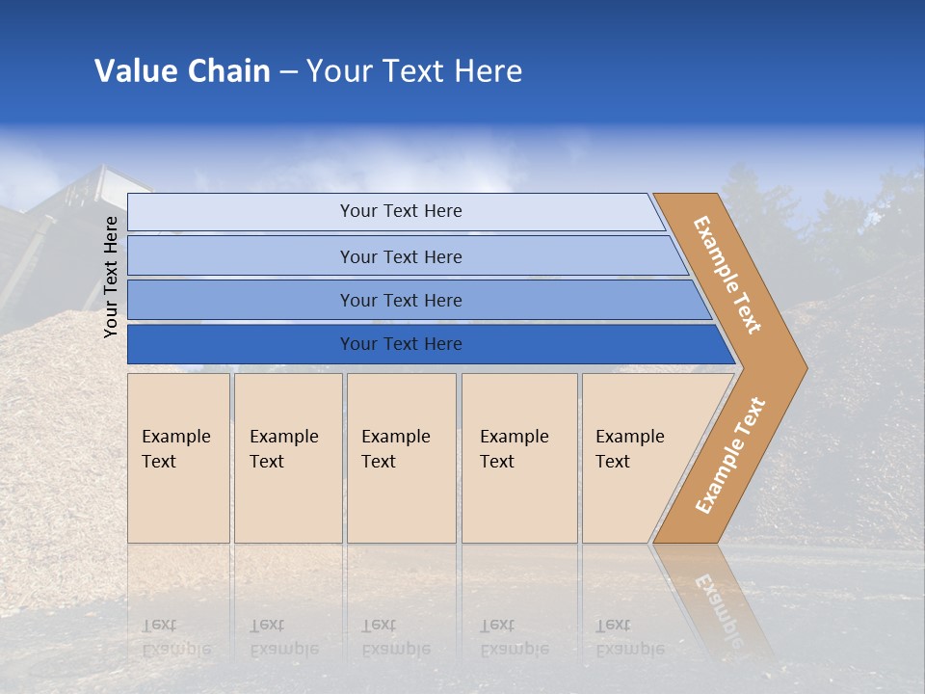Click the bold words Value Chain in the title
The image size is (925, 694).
point(182,71)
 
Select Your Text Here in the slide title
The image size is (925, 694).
point(414,71)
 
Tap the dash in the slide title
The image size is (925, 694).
point(288,72)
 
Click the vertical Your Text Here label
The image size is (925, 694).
point(111,277)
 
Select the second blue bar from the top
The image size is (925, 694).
point(400,256)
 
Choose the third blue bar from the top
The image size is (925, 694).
point(400,300)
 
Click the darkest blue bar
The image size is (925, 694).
point(400,344)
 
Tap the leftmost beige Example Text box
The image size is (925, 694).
point(178,458)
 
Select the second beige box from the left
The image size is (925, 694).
point(288,458)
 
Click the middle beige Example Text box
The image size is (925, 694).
point(401,458)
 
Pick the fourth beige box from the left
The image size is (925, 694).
point(519,458)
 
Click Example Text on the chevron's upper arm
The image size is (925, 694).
point(727,275)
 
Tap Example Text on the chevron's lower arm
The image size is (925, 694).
point(729,455)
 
